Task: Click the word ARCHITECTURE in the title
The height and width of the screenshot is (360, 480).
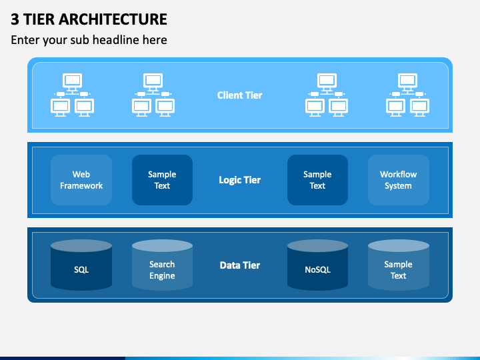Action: coord(113,19)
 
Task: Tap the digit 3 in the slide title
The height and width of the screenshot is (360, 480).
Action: coord(15,19)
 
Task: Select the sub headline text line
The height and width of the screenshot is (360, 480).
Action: coord(89,40)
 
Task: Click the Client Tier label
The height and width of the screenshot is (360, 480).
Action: coord(240,95)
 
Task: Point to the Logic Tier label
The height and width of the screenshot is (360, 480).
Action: coord(240,180)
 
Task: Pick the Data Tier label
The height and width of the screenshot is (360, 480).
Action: coord(240,265)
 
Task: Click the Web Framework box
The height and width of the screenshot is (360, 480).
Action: coord(81,180)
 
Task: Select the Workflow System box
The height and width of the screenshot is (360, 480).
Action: coord(398,180)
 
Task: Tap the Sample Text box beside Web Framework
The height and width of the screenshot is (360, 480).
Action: coord(162,180)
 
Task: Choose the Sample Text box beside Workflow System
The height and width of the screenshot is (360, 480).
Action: coord(317,180)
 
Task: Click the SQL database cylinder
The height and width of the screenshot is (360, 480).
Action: coord(81,265)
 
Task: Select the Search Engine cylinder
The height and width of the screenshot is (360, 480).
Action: coord(162,265)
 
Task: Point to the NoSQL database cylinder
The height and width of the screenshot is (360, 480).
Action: coord(317,265)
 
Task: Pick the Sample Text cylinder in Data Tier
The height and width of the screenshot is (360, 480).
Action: coord(398,265)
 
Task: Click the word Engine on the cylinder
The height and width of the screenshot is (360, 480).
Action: coord(162,276)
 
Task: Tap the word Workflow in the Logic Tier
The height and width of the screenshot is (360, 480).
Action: coord(398,174)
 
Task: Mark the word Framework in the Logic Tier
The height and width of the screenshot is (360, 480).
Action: coord(81,186)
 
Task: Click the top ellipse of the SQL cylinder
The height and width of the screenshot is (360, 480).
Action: coord(81,246)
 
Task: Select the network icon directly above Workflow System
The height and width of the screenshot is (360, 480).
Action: coord(407,95)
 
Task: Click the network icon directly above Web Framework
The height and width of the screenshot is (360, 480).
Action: coord(72,95)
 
